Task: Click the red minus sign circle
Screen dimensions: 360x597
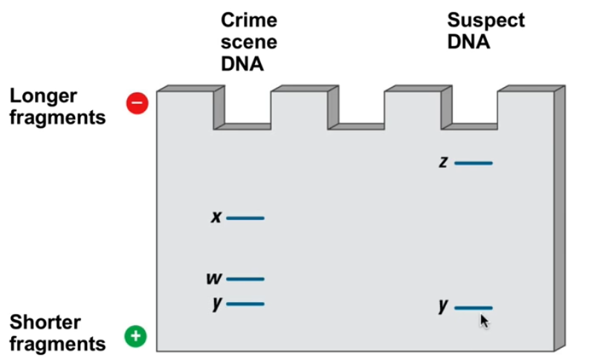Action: [x=138, y=103]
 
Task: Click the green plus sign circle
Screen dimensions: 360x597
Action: [x=135, y=336]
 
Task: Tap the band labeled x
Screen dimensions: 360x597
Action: [x=245, y=218]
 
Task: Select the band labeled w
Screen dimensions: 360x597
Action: [x=245, y=279]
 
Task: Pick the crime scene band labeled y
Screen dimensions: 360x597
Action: [x=245, y=303]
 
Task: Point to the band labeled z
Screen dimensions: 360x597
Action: [x=473, y=162]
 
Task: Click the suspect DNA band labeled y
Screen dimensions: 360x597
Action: [x=473, y=307]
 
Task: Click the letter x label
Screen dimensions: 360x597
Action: [x=216, y=218]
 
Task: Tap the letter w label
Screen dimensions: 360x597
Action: [x=214, y=279]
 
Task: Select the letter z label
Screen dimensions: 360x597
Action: [x=443, y=162]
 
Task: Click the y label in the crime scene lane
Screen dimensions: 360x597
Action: [x=216, y=304]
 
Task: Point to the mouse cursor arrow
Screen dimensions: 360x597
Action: [x=484, y=321]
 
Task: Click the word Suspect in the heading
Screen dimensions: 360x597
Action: [x=485, y=20]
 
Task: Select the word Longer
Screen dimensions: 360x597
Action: [x=44, y=97]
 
